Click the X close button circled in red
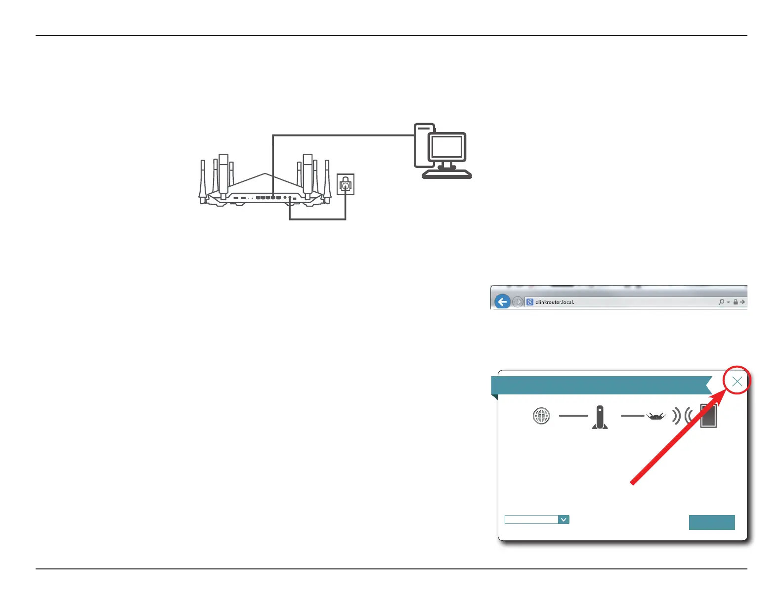pyautogui.click(x=737, y=381)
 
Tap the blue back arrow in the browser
pyautogui.click(x=502, y=302)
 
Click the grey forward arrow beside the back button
pyautogui.click(x=518, y=302)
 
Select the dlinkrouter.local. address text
pyautogui.click(x=555, y=302)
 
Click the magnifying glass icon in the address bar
pyautogui.click(x=721, y=302)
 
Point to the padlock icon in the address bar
pyautogui.click(x=736, y=302)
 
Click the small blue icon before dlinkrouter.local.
pyautogui.click(x=529, y=302)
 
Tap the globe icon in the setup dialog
pyautogui.click(x=541, y=416)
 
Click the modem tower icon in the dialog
pyautogui.click(x=600, y=417)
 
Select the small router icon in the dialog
pyautogui.click(x=655, y=417)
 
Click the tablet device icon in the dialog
pyautogui.click(x=708, y=416)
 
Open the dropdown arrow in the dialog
pyautogui.click(x=564, y=519)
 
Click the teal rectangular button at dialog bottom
pyautogui.click(x=712, y=522)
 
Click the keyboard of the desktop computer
pyautogui.click(x=447, y=174)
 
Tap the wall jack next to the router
pyautogui.click(x=346, y=184)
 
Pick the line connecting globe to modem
pyautogui.click(x=573, y=416)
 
